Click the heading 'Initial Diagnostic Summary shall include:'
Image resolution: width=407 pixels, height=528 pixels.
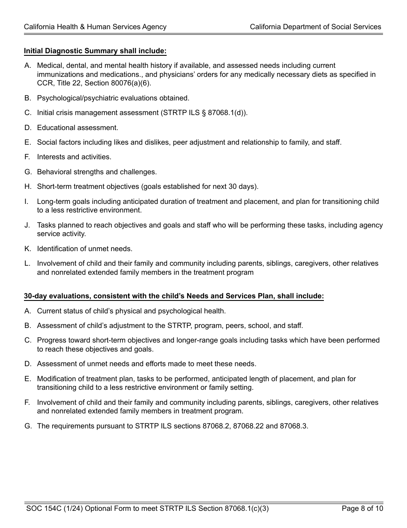(x=95, y=51)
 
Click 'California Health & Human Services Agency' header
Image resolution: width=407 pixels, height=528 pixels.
(x=95, y=27)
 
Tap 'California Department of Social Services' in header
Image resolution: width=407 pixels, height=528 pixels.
(x=315, y=27)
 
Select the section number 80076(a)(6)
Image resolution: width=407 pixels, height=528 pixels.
(x=129, y=83)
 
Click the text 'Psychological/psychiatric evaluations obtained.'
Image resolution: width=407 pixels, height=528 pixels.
(x=113, y=98)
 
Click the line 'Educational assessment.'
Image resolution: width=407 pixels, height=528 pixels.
(x=78, y=128)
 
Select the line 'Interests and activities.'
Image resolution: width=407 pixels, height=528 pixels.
(x=74, y=157)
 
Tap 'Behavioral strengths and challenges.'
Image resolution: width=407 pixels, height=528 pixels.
(x=97, y=172)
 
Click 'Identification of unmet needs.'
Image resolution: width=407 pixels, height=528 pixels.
(x=85, y=249)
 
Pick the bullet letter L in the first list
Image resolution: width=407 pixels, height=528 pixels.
(x=27, y=264)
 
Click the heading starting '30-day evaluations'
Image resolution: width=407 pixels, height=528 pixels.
(x=174, y=296)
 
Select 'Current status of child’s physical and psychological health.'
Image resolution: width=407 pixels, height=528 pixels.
(x=131, y=311)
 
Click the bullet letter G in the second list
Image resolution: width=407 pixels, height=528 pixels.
(x=27, y=426)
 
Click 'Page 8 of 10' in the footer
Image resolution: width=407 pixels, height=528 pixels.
(x=362, y=509)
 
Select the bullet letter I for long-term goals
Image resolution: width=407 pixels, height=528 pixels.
(x=27, y=202)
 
